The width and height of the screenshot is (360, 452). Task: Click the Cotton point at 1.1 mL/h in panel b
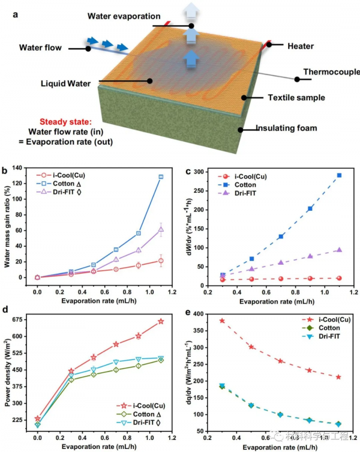(x=161, y=177)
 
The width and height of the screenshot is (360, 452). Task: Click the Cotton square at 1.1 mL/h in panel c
(x=339, y=175)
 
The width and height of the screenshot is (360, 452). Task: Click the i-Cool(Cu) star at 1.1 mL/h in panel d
(x=161, y=322)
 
